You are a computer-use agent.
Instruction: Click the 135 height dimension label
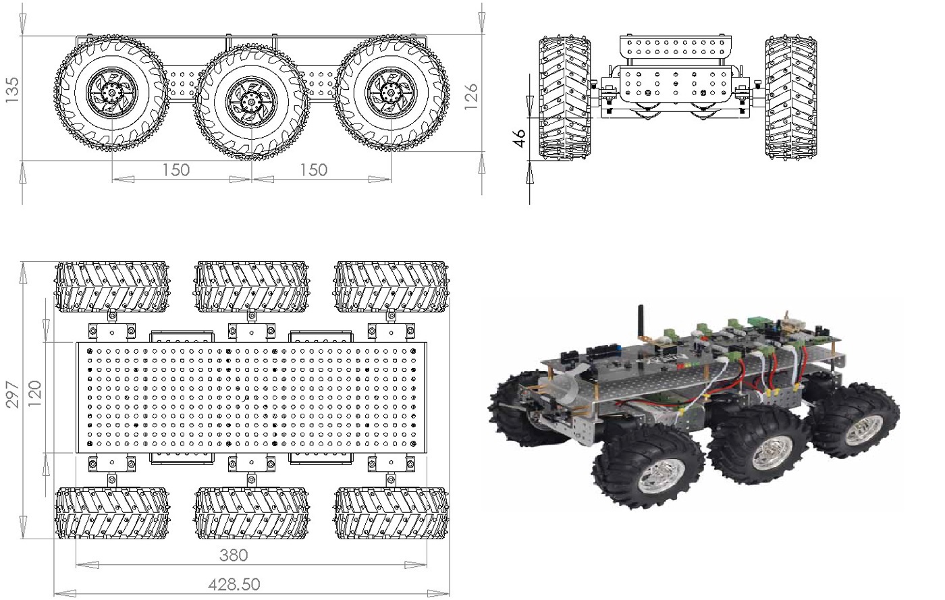click(12, 90)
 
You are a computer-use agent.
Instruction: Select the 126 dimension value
click(471, 97)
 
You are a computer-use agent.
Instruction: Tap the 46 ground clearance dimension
click(520, 138)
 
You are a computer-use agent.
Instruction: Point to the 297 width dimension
click(12, 395)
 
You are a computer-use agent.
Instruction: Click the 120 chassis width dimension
click(34, 393)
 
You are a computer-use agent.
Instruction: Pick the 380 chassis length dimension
click(234, 555)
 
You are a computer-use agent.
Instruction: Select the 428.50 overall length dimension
click(234, 584)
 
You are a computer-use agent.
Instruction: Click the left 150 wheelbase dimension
click(176, 170)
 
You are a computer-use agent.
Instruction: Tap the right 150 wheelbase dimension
click(313, 170)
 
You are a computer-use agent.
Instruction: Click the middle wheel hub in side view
click(251, 102)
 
